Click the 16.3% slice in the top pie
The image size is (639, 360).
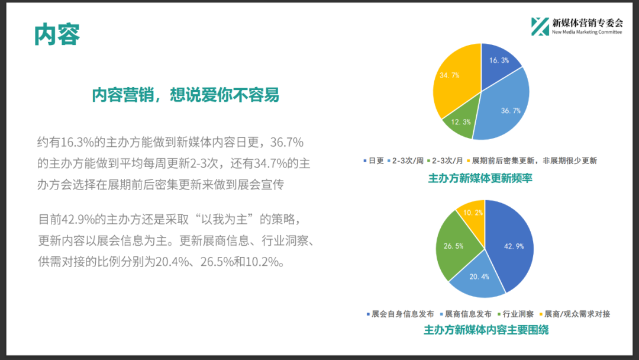point(498,65)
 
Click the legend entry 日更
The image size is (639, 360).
point(374,160)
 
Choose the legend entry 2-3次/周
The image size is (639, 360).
point(405,160)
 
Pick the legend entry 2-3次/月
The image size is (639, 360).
point(445,160)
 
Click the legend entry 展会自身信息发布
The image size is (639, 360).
point(400,314)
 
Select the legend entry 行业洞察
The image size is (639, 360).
point(515,314)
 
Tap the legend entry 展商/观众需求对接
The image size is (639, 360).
point(575,314)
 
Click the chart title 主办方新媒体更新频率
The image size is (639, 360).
point(480,178)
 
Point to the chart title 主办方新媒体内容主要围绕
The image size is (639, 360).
point(486,330)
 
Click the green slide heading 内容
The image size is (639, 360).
point(57,34)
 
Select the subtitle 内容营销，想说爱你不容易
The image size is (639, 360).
point(185,95)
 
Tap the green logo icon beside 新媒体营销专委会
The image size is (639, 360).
point(540,27)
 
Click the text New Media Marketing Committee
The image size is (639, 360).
point(587,32)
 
